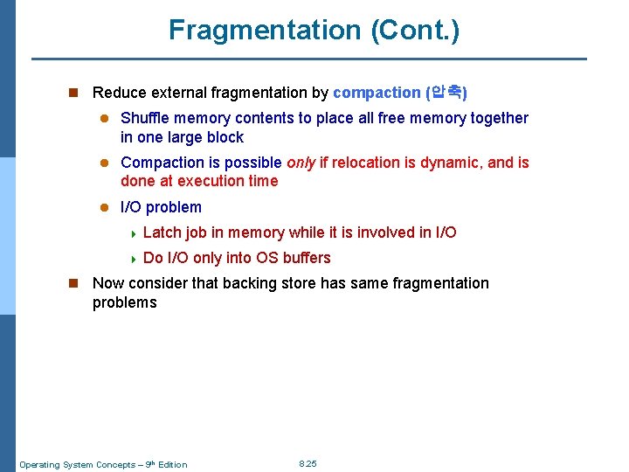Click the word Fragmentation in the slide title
pos(265,30)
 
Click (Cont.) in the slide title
pos(415,30)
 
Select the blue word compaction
pos(377,93)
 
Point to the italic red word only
pos(301,163)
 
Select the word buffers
pos(307,258)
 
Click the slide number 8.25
pos(308,463)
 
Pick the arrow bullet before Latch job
pos(131,233)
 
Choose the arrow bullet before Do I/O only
pos(131,259)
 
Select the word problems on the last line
pos(125,302)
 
